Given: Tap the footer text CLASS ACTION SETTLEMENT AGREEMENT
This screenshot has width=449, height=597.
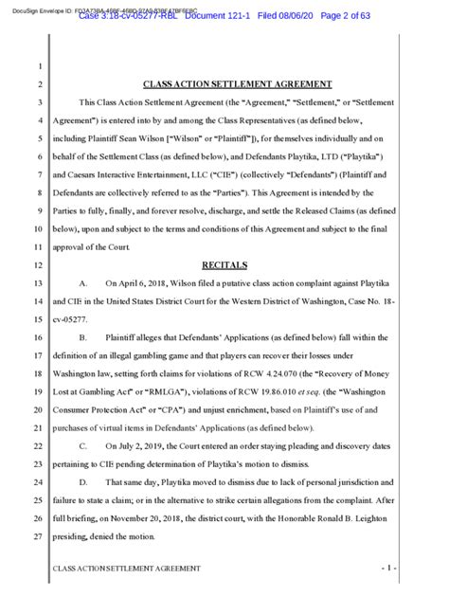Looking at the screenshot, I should tap(126, 569).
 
